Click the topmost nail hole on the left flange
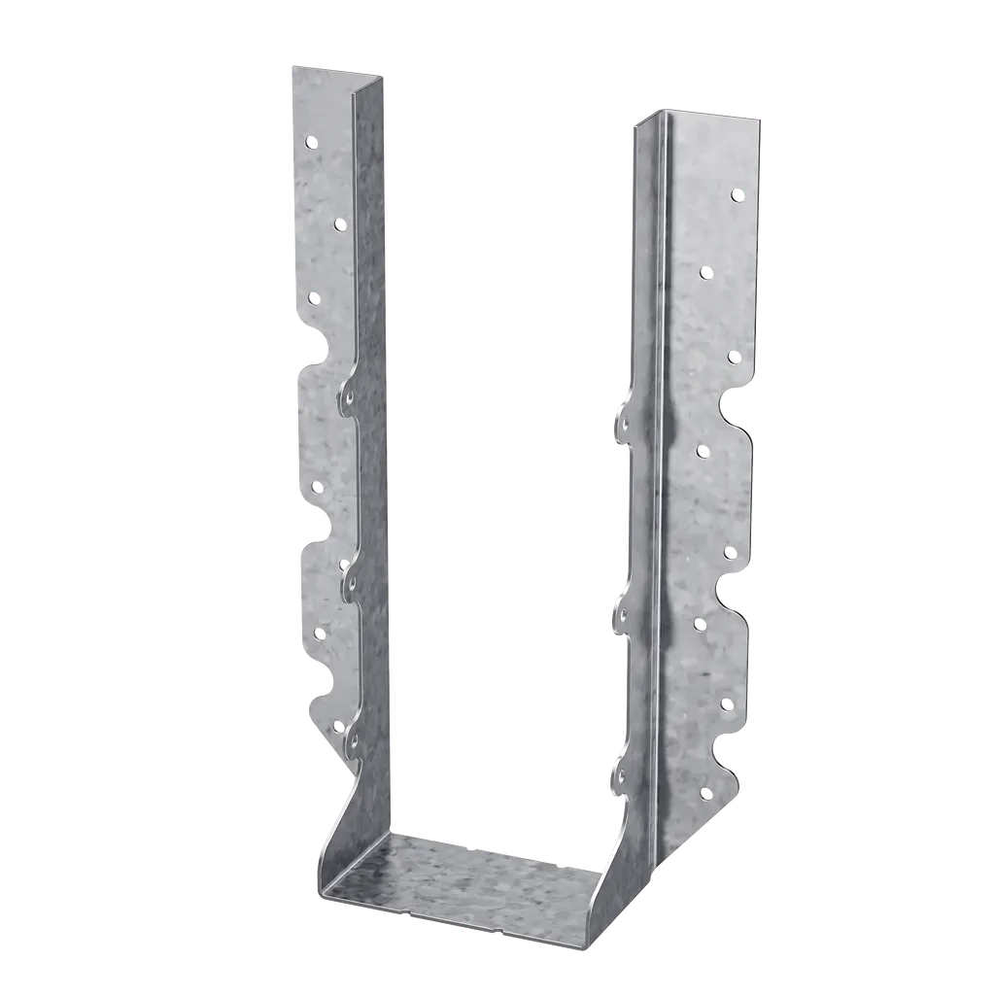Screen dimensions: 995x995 coord(311,143)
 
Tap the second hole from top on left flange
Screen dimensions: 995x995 coord(339,224)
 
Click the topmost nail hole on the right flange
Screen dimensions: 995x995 coord(736,195)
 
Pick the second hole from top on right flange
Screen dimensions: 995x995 coord(706,272)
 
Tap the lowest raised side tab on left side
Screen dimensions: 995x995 coord(352,743)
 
